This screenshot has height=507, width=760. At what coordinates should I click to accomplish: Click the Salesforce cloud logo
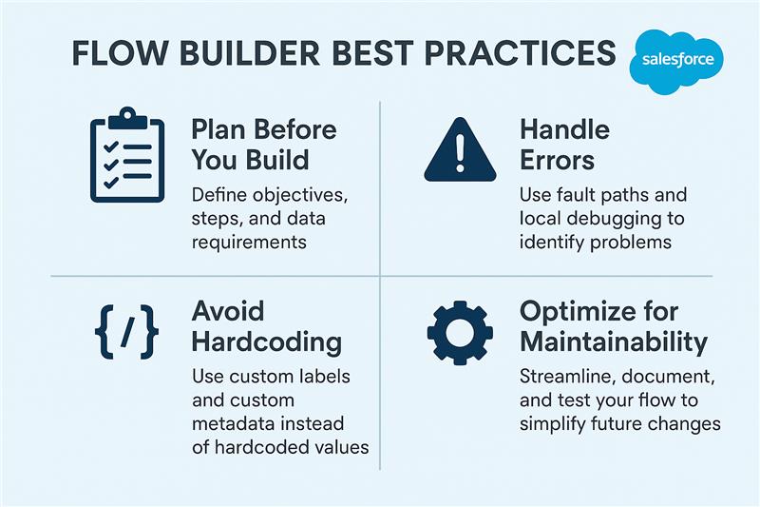click(x=676, y=61)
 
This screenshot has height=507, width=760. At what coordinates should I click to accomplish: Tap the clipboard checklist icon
click(x=127, y=155)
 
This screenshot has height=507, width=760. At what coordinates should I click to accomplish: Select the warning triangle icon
click(x=460, y=149)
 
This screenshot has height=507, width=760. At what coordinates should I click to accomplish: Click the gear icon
click(x=460, y=332)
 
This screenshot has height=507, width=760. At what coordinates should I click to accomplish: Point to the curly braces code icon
click(x=126, y=332)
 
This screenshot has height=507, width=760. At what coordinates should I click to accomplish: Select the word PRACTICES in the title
click(x=520, y=53)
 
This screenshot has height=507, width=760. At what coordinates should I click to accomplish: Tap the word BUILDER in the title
click(x=249, y=53)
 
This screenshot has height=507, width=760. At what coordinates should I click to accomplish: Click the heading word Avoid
click(x=228, y=311)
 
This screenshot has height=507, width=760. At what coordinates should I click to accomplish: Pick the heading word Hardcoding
click(x=267, y=342)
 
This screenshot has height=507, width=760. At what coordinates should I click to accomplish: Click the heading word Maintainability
click(x=614, y=342)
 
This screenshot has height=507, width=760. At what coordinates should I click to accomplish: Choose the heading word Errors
click(x=557, y=161)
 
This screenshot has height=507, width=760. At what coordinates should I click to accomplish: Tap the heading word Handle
click(x=564, y=129)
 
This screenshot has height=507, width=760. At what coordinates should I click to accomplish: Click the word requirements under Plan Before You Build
click(x=249, y=243)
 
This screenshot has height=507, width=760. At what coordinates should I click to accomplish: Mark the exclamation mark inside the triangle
click(x=460, y=152)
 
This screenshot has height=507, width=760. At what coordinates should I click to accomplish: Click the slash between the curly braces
click(x=127, y=332)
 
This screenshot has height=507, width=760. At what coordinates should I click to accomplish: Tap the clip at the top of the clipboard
click(x=127, y=118)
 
